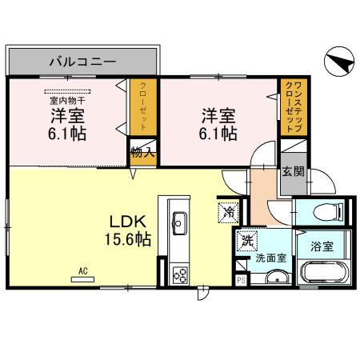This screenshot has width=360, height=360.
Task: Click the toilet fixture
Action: click(x=324, y=213)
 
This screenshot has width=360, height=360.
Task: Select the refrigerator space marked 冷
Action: click(x=227, y=213)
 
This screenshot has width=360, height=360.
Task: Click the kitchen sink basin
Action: click(x=178, y=222)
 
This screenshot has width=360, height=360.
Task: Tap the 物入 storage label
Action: click(x=142, y=153)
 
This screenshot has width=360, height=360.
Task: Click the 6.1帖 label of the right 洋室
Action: click(x=217, y=132)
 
